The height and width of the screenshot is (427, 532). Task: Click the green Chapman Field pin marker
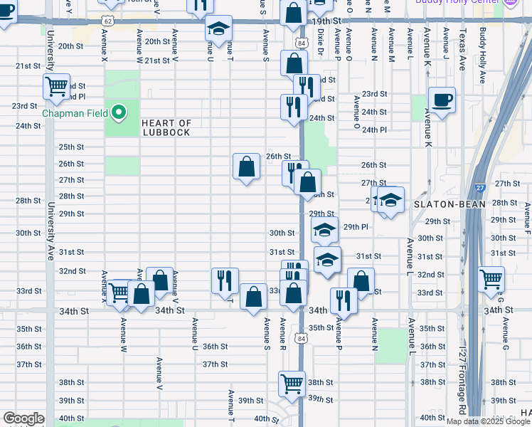[x=119, y=112]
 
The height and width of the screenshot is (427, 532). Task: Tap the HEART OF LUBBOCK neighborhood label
[x=166, y=128]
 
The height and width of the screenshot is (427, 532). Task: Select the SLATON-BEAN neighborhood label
[x=449, y=204]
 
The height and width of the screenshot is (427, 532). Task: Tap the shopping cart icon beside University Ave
[x=56, y=87]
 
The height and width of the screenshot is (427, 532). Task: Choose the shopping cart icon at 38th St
[x=292, y=383]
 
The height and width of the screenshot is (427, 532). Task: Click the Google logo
[x=23, y=418]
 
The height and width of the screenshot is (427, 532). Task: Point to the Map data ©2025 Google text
[x=489, y=421]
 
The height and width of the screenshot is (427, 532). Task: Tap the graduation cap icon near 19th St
[x=218, y=28]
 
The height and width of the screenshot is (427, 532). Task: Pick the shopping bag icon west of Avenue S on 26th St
[x=246, y=167]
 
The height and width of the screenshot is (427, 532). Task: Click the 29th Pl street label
[x=355, y=226]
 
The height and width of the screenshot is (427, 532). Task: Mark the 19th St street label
[x=326, y=22]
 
